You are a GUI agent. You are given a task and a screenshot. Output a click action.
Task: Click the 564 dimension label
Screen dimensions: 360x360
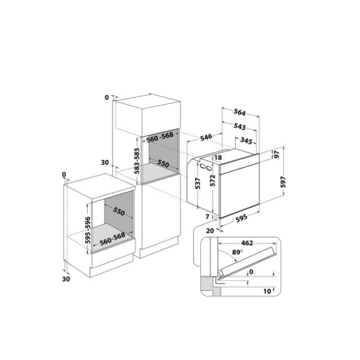click(240, 113)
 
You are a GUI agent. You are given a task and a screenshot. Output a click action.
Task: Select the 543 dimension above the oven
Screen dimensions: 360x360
click(240, 126)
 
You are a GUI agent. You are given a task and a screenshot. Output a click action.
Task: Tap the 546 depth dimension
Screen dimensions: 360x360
click(206, 137)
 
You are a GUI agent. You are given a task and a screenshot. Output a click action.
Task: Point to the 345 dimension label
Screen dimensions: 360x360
click(246, 141)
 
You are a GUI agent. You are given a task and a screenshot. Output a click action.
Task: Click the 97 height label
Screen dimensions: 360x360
click(277, 154)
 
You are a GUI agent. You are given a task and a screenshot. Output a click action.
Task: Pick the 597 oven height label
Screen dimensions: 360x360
click(283, 182)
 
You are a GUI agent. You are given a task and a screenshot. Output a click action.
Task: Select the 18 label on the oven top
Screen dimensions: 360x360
click(218, 158)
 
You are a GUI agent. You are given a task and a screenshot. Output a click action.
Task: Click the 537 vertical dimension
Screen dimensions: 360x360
click(198, 183)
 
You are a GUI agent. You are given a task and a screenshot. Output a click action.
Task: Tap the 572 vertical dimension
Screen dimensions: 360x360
click(213, 181)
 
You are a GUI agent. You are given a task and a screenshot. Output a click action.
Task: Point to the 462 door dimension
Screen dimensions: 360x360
click(247, 243)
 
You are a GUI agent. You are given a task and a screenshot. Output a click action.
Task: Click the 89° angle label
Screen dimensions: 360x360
click(237, 252)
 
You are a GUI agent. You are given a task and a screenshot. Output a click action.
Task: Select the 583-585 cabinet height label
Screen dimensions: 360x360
click(137, 161)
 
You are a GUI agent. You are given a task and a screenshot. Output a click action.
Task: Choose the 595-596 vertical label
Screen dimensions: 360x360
click(88, 230)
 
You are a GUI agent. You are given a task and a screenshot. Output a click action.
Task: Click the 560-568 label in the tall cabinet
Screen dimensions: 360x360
click(160, 137)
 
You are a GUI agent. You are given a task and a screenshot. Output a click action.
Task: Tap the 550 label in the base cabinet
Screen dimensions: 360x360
click(118, 211)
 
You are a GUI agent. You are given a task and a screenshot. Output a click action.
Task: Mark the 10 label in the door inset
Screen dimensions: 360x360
click(267, 291)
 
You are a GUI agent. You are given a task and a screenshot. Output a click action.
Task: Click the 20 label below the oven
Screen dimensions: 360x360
click(210, 231)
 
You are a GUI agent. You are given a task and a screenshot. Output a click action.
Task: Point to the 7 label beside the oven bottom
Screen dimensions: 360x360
click(207, 217)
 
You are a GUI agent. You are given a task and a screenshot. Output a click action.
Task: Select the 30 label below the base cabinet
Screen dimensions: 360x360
click(66, 279)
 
